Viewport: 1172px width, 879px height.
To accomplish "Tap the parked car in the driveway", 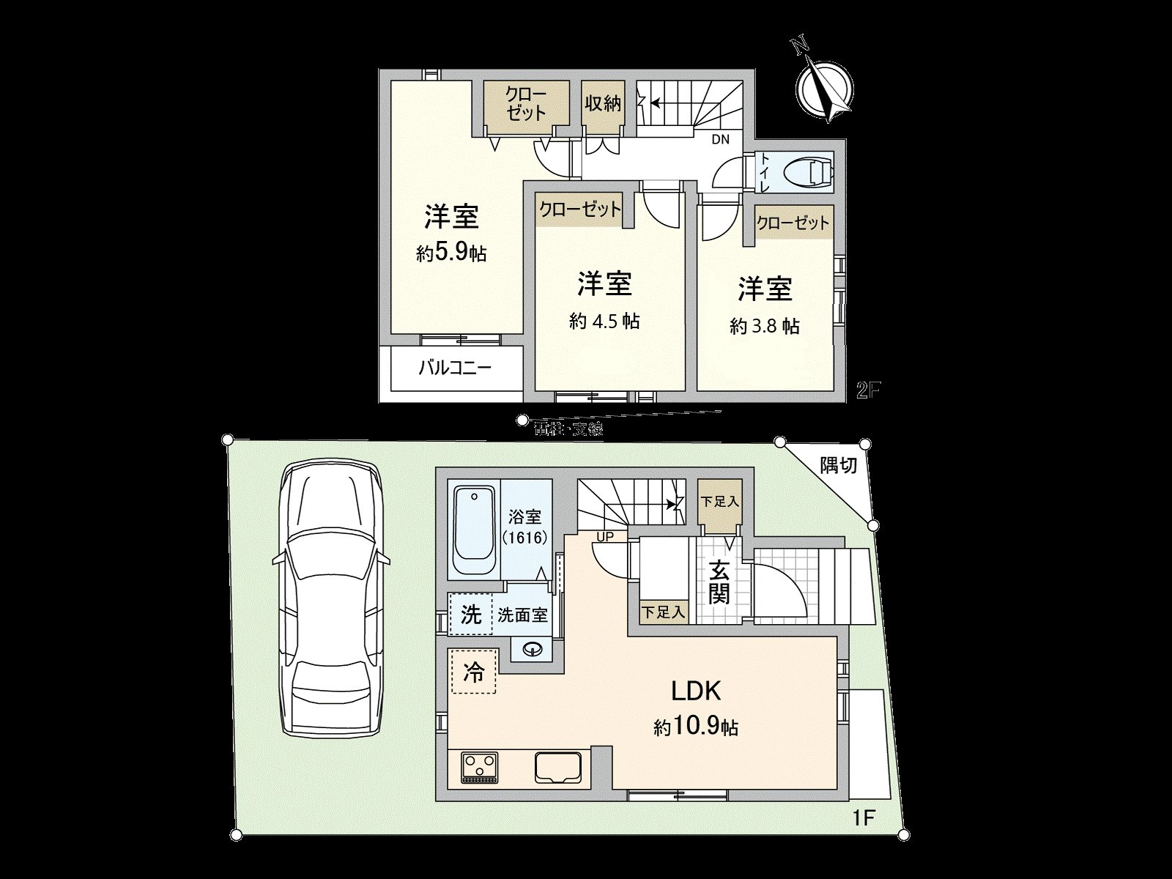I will click(332, 597).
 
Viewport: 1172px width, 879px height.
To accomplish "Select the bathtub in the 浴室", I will click(475, 533).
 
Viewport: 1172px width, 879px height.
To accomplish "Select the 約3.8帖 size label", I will click(764, 327).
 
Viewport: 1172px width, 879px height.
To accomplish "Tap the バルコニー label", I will click(454, 368).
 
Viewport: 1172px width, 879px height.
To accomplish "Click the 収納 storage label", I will click(602, 103).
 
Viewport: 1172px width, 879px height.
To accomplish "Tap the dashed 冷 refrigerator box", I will click(475, 672).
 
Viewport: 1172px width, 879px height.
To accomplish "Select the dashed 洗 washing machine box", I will click(470, 614).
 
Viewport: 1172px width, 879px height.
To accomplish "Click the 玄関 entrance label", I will click(719, 582).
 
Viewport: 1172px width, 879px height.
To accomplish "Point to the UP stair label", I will click(605, 537).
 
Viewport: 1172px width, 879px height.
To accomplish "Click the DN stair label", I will click(720, 140).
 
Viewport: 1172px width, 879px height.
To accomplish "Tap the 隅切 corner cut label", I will click(838, 465).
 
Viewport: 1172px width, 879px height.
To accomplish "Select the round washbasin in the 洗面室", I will click(533, 648).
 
